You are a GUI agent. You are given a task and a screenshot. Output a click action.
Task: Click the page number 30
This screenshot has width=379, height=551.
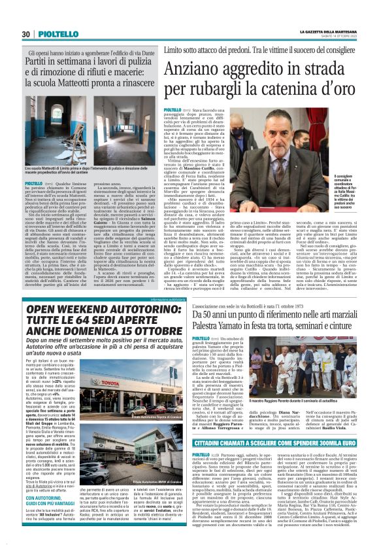click(25, 35)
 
